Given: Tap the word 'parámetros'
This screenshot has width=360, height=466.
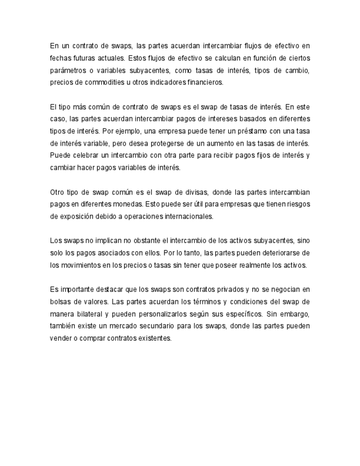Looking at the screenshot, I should click(x=68, y=70).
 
